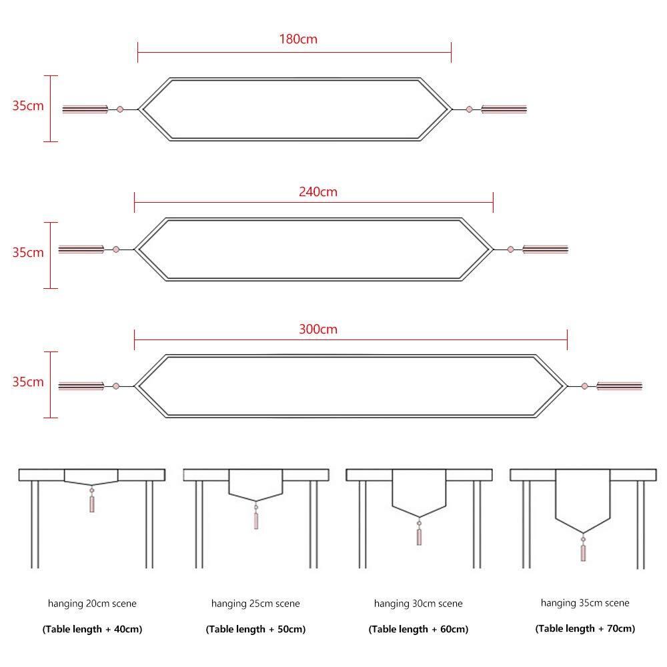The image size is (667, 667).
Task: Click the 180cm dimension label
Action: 298,39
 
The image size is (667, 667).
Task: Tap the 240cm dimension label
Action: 317,191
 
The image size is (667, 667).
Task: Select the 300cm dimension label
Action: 317,329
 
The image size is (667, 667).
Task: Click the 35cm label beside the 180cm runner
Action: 27,105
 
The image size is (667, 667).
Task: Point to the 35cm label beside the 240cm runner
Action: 27,252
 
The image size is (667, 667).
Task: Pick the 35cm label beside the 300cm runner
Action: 27,382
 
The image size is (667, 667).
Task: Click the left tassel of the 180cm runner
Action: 85,109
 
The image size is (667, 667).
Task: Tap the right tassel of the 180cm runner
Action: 504,109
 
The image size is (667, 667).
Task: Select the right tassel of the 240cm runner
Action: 545,249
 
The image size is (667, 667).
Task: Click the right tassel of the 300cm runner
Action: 619,386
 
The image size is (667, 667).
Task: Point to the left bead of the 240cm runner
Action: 116,249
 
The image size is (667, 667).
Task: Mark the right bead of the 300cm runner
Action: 585,386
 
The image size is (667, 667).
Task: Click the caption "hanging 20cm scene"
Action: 92,604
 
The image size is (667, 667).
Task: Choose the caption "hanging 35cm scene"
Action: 585,603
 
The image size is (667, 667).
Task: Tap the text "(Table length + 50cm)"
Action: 255,629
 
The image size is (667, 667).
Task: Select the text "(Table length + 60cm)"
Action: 418,629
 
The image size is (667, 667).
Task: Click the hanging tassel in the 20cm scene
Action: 92,503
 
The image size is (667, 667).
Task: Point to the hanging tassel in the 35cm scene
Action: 583,552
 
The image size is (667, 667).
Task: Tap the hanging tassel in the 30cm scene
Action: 419,536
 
